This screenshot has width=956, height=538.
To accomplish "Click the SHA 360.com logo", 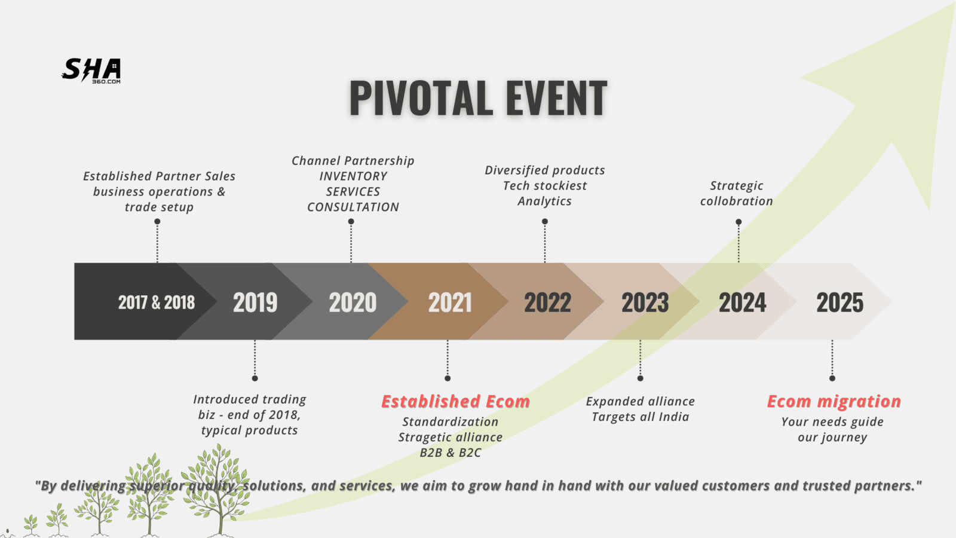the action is point(91,71).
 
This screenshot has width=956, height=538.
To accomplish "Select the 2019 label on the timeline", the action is point(255,302).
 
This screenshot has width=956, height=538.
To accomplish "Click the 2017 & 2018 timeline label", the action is point(156,302).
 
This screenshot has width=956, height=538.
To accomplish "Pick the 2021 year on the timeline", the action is point(450,302).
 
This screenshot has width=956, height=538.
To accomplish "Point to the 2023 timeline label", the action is point(645,302).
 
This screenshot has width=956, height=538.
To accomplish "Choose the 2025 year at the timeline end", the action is point(840,302).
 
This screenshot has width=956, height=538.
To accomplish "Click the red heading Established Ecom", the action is point(455,401).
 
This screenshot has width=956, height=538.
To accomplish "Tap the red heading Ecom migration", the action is point(834,401).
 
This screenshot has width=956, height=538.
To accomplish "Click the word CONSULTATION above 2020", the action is point(353,207).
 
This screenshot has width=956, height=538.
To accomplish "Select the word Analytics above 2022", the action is point(544,201).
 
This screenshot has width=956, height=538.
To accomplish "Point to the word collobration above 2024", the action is point(737,201).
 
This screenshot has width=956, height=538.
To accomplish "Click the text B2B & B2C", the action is point(451,453).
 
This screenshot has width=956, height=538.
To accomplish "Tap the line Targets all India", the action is point(640,417).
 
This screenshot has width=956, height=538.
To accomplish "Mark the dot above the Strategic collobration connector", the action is point(739,222).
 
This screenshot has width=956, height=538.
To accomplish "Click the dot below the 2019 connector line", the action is point(255,378).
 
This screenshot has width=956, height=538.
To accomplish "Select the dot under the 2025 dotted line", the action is point(832,378).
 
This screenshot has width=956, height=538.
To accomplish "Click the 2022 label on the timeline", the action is point(547,302).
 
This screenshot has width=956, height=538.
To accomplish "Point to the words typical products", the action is point(250,430).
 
